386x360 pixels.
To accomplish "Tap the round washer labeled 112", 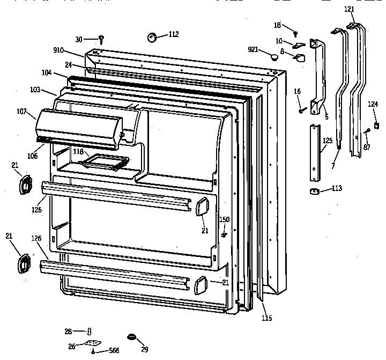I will (151, 37).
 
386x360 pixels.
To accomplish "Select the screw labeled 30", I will (101, 39).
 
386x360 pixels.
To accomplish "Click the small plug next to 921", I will (274, 56).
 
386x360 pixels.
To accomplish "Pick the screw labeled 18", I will (295, 33).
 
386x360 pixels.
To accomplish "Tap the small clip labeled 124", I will (376, 126).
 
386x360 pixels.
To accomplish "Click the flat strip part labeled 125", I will (313, 152).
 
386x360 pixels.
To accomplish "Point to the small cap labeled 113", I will (314, 192).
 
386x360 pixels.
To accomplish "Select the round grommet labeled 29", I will (131, 336).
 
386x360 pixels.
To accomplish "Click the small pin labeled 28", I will (89, 331).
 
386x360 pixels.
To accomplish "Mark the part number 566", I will (113, 350).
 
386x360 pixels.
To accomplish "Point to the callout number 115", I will (267, 318).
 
